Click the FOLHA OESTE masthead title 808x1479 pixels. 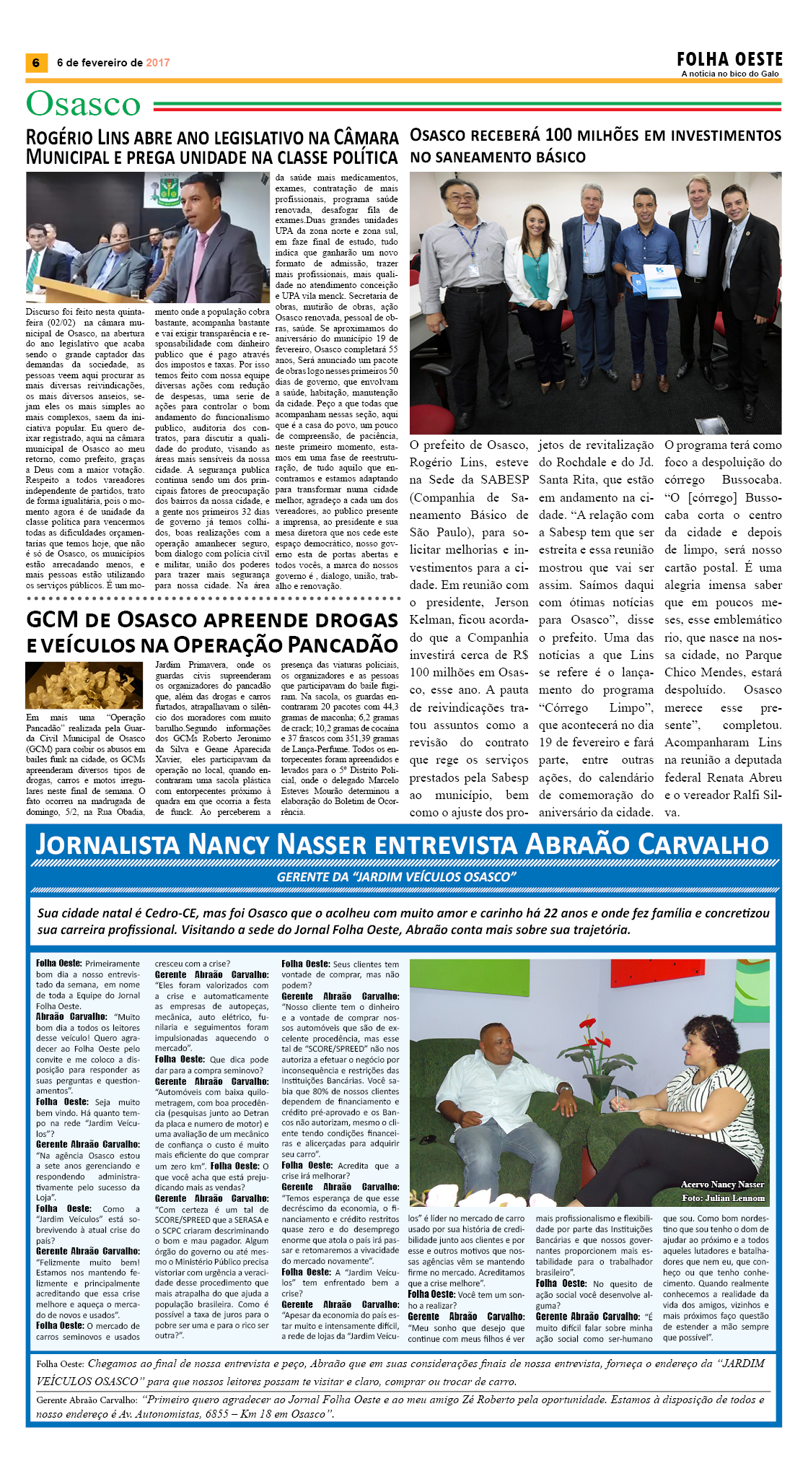(729, 59)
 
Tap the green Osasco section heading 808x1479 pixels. (83, 105)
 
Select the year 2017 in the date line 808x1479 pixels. (158, 63)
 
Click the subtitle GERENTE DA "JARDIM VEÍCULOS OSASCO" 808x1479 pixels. (396, 876)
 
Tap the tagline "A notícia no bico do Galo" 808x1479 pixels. (730, 74)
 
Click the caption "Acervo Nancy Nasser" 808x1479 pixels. (722, 1184)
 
